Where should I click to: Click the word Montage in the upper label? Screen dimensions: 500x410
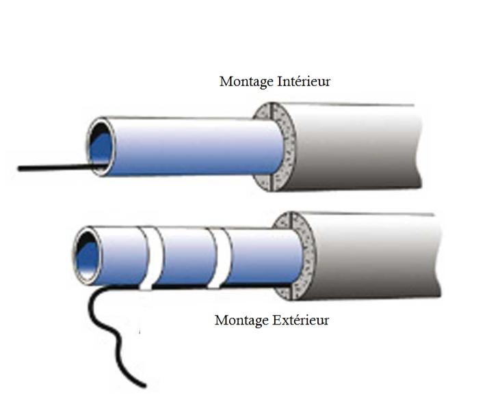point(246,82)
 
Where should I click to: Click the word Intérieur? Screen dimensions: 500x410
point(304,81)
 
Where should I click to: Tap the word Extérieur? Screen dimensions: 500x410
point(300,320)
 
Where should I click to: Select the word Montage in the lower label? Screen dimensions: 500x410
point(241,320)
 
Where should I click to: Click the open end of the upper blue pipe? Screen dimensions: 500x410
point(101,146)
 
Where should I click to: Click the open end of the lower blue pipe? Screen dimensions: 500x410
point(88,256)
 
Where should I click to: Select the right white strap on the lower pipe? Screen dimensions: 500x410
point(220,258)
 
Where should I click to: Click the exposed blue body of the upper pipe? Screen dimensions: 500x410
point(198,146)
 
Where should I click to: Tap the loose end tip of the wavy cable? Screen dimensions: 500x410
point(145,386)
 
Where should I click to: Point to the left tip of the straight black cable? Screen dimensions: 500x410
point(19,169)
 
